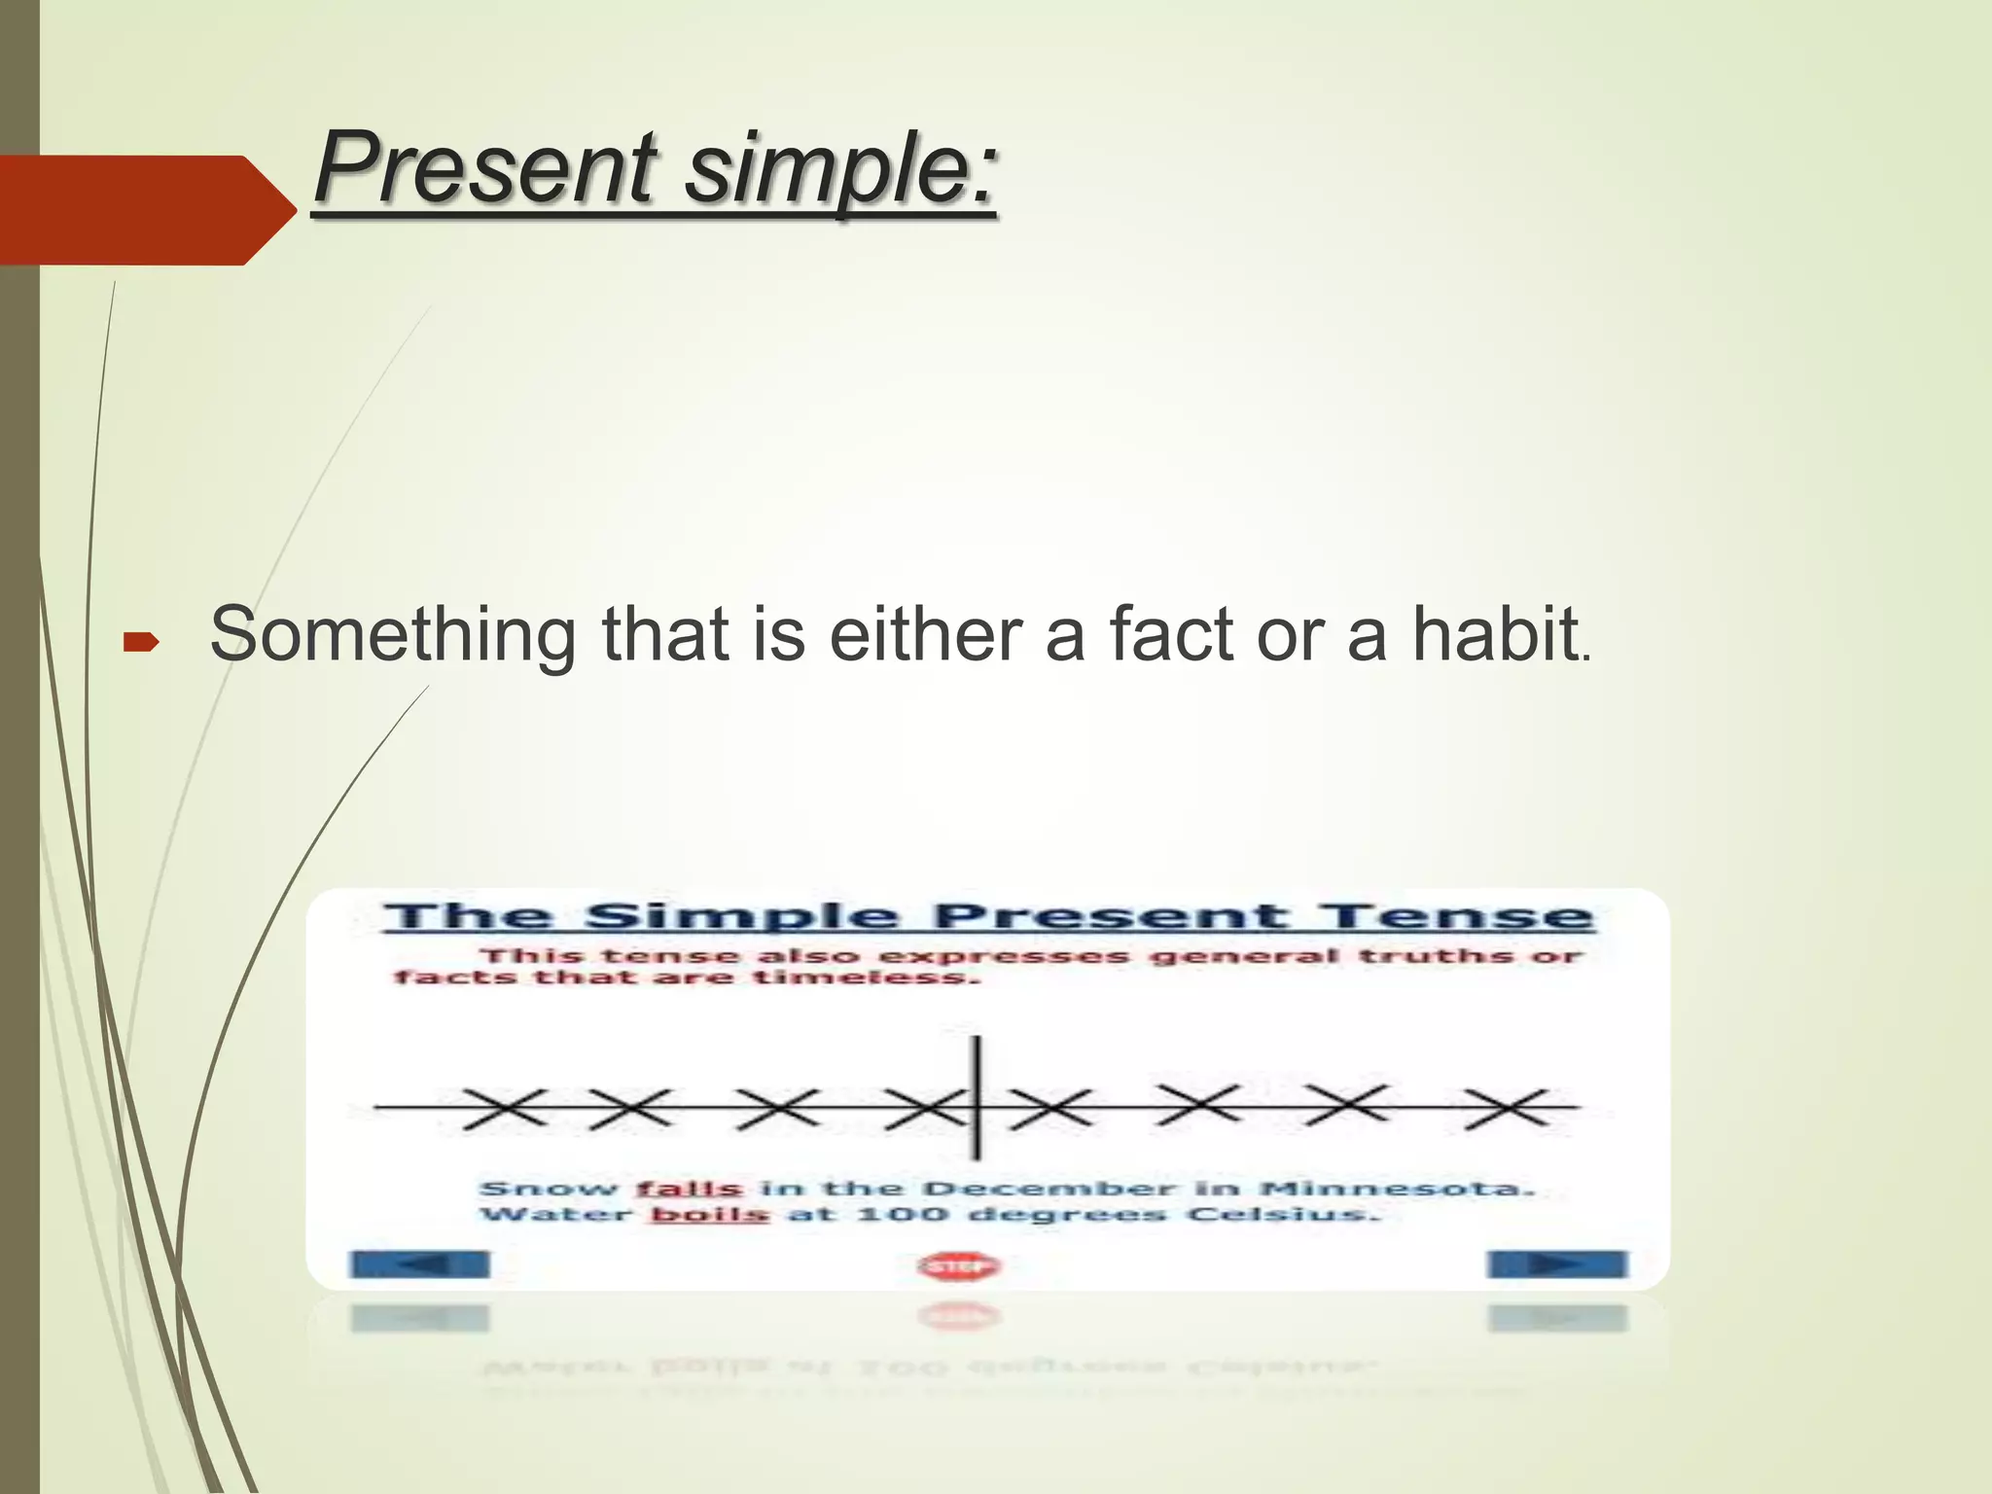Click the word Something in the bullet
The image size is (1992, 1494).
[x=393, y=634]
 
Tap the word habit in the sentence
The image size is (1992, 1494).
[x=1494, y=633]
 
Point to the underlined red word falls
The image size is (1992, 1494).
[x=690, y=1189]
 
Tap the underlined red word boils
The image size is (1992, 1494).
[x=709, y=1214]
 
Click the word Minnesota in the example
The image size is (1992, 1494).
[x=1397, y=1189]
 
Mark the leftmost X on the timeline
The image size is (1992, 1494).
[x=503, y=1108]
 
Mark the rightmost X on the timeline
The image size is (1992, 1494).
[x=1507, y=1108]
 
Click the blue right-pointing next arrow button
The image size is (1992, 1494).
[x=1556, y=1264]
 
